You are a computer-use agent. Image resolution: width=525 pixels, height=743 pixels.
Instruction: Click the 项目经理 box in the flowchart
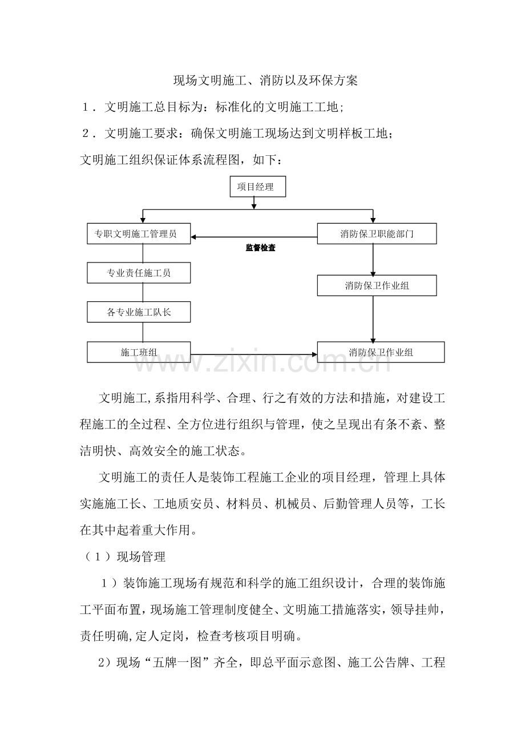click(x=258, y=187)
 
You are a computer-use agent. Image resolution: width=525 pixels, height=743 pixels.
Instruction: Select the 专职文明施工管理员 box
click(x=139, y=234)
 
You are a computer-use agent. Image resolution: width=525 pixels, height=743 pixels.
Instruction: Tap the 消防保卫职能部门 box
click(x=377, y=234)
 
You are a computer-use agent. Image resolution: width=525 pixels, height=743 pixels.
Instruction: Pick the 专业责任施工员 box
click(x=139, y=273)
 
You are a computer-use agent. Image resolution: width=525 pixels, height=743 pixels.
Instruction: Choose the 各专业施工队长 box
click(x=139, y=313)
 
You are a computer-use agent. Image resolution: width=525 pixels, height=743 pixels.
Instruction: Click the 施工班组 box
click(x=139, y=352)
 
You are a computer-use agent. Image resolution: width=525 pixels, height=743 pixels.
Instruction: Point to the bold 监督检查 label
click(x=261, y=248)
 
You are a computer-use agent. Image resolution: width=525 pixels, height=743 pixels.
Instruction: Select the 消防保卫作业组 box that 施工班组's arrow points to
click(x=381, y=352)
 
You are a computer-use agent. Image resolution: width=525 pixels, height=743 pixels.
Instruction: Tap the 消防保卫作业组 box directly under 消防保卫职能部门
click(x=377, y=285)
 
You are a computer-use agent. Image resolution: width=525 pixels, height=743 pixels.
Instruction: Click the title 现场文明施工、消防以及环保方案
click(x=265, y=80)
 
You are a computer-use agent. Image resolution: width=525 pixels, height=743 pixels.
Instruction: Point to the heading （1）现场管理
click(x=123, y=556)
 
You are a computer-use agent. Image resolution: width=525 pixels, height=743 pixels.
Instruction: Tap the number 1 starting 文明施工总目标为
click(x=86, y=107)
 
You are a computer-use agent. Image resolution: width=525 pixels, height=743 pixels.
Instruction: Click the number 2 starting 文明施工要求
click(x=86, y=134)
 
